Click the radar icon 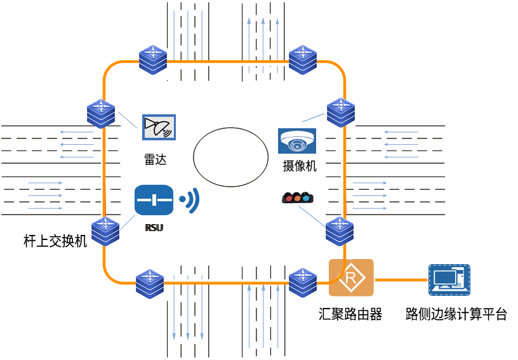point(159,128)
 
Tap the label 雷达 point(155,159)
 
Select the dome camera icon point(296,141)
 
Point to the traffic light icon point(297,197)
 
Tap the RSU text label point(154,227)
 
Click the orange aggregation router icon point(351,277)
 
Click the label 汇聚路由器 point(350,314)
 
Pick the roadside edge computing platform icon point(449,280)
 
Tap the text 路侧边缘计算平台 point(456,314)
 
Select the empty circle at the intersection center point(230,157)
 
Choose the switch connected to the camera point(341,113)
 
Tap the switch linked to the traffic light point(340,231)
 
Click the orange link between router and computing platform point(401,279)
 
